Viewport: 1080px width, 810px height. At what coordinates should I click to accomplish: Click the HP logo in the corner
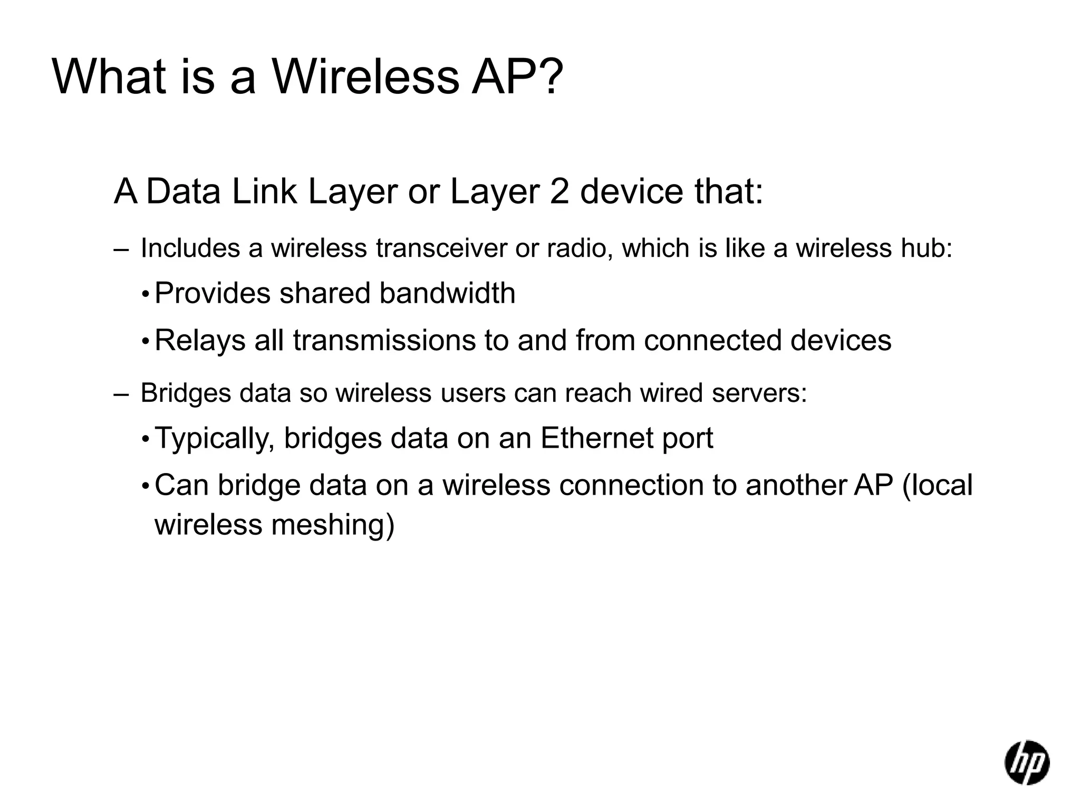1026,762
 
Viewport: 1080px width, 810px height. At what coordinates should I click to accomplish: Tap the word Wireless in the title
365,78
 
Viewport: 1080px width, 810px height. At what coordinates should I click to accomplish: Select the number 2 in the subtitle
559,191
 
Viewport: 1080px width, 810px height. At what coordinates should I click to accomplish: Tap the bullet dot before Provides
146,294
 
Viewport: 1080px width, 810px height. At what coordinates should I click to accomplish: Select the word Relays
200,341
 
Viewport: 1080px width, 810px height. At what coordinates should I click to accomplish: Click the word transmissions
383,340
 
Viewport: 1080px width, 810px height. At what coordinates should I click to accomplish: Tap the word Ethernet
596,438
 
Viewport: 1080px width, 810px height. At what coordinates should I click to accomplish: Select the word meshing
333,525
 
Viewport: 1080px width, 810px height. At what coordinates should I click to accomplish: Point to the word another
795,485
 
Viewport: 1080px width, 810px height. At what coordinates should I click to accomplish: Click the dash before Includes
121,249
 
